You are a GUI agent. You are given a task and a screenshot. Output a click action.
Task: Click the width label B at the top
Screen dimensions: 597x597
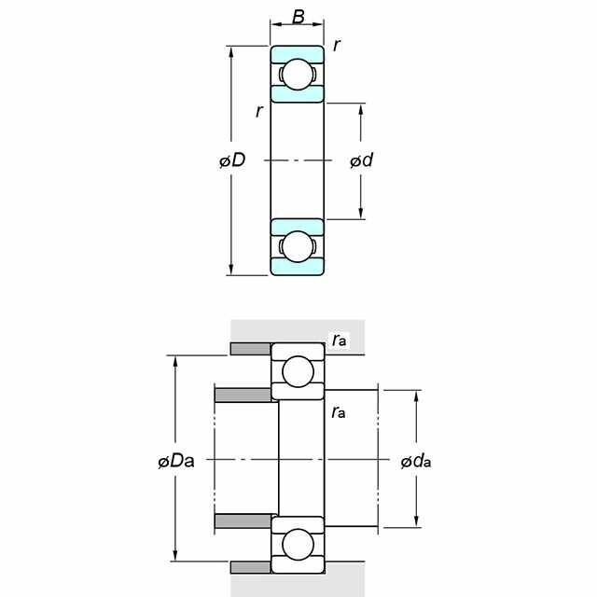(298, 17)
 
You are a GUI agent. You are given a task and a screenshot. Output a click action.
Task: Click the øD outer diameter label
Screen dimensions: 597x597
(232, 160)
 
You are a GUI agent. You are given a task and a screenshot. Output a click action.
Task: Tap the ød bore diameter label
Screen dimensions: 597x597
(361, 160)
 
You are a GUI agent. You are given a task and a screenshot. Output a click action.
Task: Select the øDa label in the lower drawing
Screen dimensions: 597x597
(176, 461)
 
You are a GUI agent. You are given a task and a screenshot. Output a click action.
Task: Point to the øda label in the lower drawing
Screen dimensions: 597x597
(416, 462)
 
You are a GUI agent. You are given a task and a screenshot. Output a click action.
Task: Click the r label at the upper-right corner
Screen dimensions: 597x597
(336, 46)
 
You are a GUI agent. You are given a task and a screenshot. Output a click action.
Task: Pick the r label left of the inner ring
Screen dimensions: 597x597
(259, 111)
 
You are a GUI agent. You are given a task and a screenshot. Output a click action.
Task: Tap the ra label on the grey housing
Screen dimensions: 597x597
(339, 340)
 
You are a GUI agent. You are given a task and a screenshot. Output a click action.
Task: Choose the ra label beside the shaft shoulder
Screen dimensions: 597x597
(339, 412)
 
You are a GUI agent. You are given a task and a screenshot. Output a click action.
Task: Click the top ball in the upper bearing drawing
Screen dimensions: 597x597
(298, 75)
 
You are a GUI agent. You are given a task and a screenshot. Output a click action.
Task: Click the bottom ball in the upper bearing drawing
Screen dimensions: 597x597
(298, 246)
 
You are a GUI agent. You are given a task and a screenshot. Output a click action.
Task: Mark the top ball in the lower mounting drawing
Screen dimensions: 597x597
(298, 371)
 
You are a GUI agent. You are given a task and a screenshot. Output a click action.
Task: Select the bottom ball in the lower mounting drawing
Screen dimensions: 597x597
(298, 545)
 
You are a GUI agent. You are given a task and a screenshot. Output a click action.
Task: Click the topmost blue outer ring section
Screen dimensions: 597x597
(298, 53)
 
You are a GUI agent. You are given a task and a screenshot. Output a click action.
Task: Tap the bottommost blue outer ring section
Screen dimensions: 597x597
(298, 268)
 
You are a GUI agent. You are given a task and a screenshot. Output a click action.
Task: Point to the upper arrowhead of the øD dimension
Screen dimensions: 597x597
(230, 51)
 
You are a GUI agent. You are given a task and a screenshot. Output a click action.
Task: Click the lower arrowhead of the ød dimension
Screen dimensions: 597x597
(361, 214)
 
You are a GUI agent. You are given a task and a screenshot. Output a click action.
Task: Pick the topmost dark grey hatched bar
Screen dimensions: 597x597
(251, 349)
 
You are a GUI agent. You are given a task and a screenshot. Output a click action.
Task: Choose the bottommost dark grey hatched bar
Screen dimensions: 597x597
(251, 567)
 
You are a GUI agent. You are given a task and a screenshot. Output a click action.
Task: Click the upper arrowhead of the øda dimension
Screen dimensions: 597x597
(416, 396)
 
